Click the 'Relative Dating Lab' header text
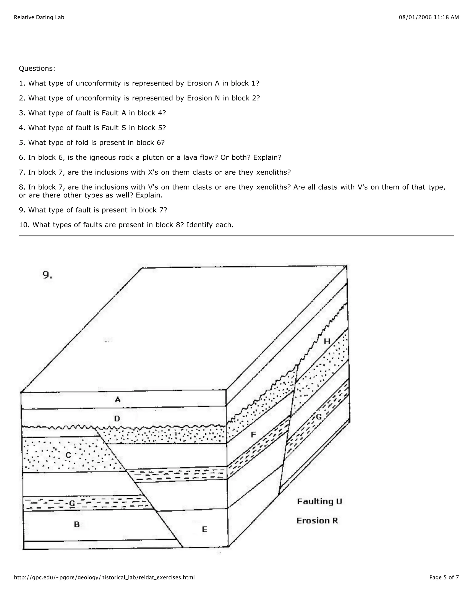point(39,17)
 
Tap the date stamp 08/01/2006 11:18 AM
point(429,17)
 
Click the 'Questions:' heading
point(37,68)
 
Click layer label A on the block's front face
point(118,399)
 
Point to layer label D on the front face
point(117,419)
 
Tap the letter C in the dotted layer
point(68,455)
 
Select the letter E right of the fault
point(205,529)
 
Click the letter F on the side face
point(253,435)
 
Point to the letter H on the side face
point(327,341)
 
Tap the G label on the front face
point(72,503)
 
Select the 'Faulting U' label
point(319,501)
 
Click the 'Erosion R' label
point(317,521)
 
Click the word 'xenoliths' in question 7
point(273,172)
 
